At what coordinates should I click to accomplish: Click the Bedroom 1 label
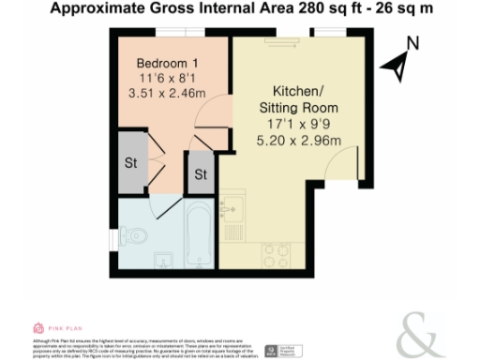click(x=169, y=62)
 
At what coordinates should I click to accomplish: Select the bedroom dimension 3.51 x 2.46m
click(x=169, y=93)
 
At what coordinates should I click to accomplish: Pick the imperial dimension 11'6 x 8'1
click(x=169, y=78)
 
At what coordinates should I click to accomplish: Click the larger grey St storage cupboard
click(x=130, y=161)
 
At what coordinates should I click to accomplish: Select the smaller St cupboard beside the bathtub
click(x=201, y=173)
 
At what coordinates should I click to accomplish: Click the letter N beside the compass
click(x=412, y=43)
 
